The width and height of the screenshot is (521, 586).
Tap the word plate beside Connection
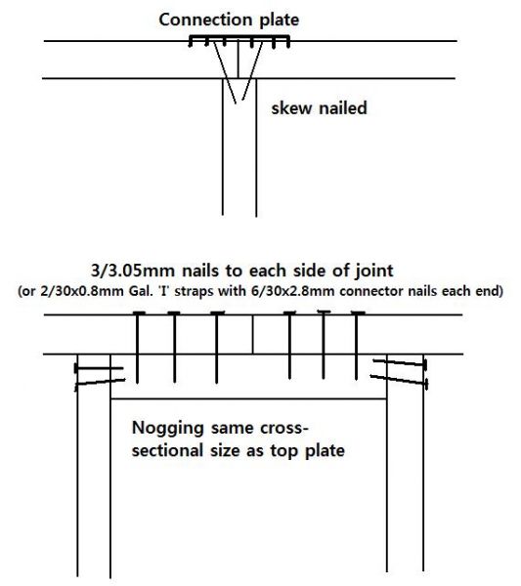click(x=280, y=21)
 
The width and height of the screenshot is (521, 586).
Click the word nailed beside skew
click(x=343, y=107)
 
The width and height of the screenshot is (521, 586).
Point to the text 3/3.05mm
click(x=133, y=271)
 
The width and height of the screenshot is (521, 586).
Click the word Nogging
click(x=167, y=428)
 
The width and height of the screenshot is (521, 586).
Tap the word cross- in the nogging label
click(x=284, y=428)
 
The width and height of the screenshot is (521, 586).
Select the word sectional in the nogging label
click(x=168, y=450)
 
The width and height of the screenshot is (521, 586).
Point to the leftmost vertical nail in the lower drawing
click(x=138, y=347)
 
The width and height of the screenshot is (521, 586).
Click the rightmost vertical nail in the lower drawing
click(x=357, y=346)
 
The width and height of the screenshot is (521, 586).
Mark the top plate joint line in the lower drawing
click(x=253, y=334)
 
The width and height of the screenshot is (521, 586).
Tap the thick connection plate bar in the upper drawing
click(x=239, y=37)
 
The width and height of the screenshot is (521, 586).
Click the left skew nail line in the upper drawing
click(x=225, y=72)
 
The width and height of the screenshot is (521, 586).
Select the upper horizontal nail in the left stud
click(x=99, y=368)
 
